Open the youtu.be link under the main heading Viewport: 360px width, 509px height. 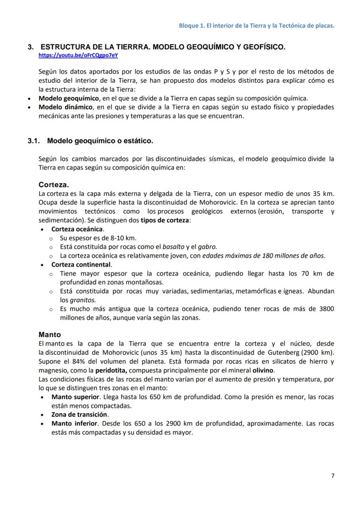tap(78, 56)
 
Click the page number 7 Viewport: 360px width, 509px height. tap(333, 476)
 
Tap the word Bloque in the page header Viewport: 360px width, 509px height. tap(189, 26)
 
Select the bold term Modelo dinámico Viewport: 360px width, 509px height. tap(66, 107)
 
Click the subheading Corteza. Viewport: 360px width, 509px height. tap(53, 184)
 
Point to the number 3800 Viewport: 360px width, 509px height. tap(326, 309)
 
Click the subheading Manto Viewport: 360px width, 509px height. tap(50, 335)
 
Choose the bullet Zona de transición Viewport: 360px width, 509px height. tap(80, 414)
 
